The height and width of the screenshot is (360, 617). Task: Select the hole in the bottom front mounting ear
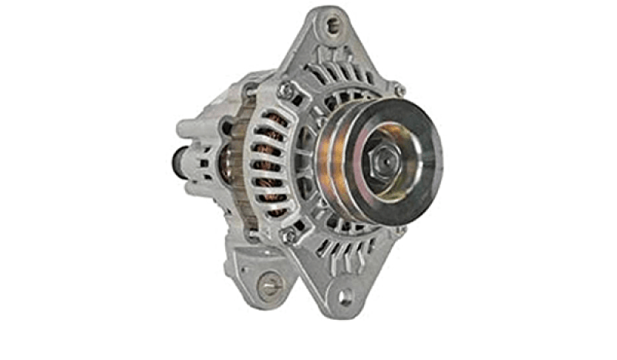tap(345, 295)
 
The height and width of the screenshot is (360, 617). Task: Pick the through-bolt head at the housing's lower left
tap(288, 236)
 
